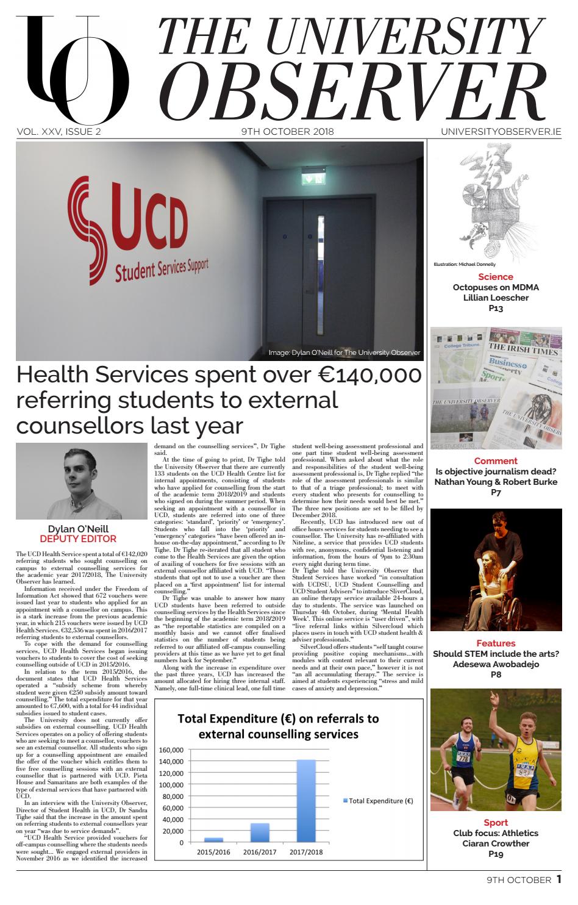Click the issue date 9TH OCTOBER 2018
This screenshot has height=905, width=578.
click(x=287, y=131)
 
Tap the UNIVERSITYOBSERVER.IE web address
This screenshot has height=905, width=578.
click(x=501, y=131)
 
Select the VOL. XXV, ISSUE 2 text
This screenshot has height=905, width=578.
click(x=59, y=131)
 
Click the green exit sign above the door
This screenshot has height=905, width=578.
click(x=316, y=178)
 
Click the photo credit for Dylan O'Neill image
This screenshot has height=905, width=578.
click(x=344, y=352)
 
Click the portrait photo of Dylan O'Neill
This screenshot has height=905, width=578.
click(x=82, y=481)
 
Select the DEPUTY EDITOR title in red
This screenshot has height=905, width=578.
click(x=78, y=538)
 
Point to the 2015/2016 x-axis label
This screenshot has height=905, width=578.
click(x=213, y=852)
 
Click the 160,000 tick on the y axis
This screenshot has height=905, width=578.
click(x=171, y=750)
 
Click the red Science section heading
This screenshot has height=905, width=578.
click(x=495, y=277)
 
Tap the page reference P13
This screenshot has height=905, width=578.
click(x=495, y=309)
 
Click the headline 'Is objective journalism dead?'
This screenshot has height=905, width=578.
click(x=495, y=471)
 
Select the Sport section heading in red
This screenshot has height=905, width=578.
click(x=495, y=823)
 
